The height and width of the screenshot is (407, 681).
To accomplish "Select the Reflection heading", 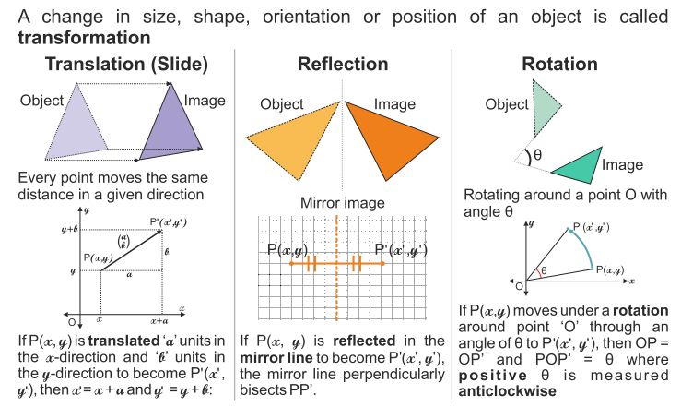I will tap(342, 65).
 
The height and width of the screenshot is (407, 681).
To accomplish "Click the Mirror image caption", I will tap(341, 202).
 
